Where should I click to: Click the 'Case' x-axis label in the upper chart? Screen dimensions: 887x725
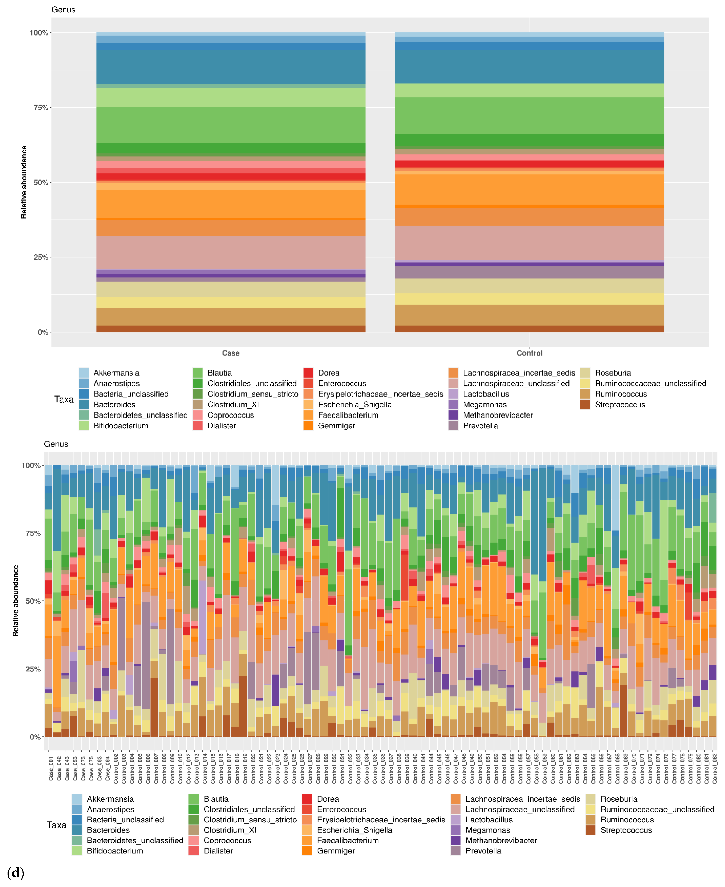pos(231,353)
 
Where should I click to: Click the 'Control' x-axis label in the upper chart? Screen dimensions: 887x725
pos(529,353)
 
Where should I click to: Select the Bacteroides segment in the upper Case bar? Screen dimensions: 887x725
pos(231,67)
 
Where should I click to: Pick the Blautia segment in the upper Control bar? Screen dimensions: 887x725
pos(529,115)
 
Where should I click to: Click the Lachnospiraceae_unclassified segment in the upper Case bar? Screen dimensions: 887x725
pos(231,252)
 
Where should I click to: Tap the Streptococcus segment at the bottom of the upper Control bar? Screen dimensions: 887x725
pos(529,329)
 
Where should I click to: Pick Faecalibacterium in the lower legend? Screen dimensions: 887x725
pos(347,840)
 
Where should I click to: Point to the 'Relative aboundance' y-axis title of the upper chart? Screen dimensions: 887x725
pos(24,182)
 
